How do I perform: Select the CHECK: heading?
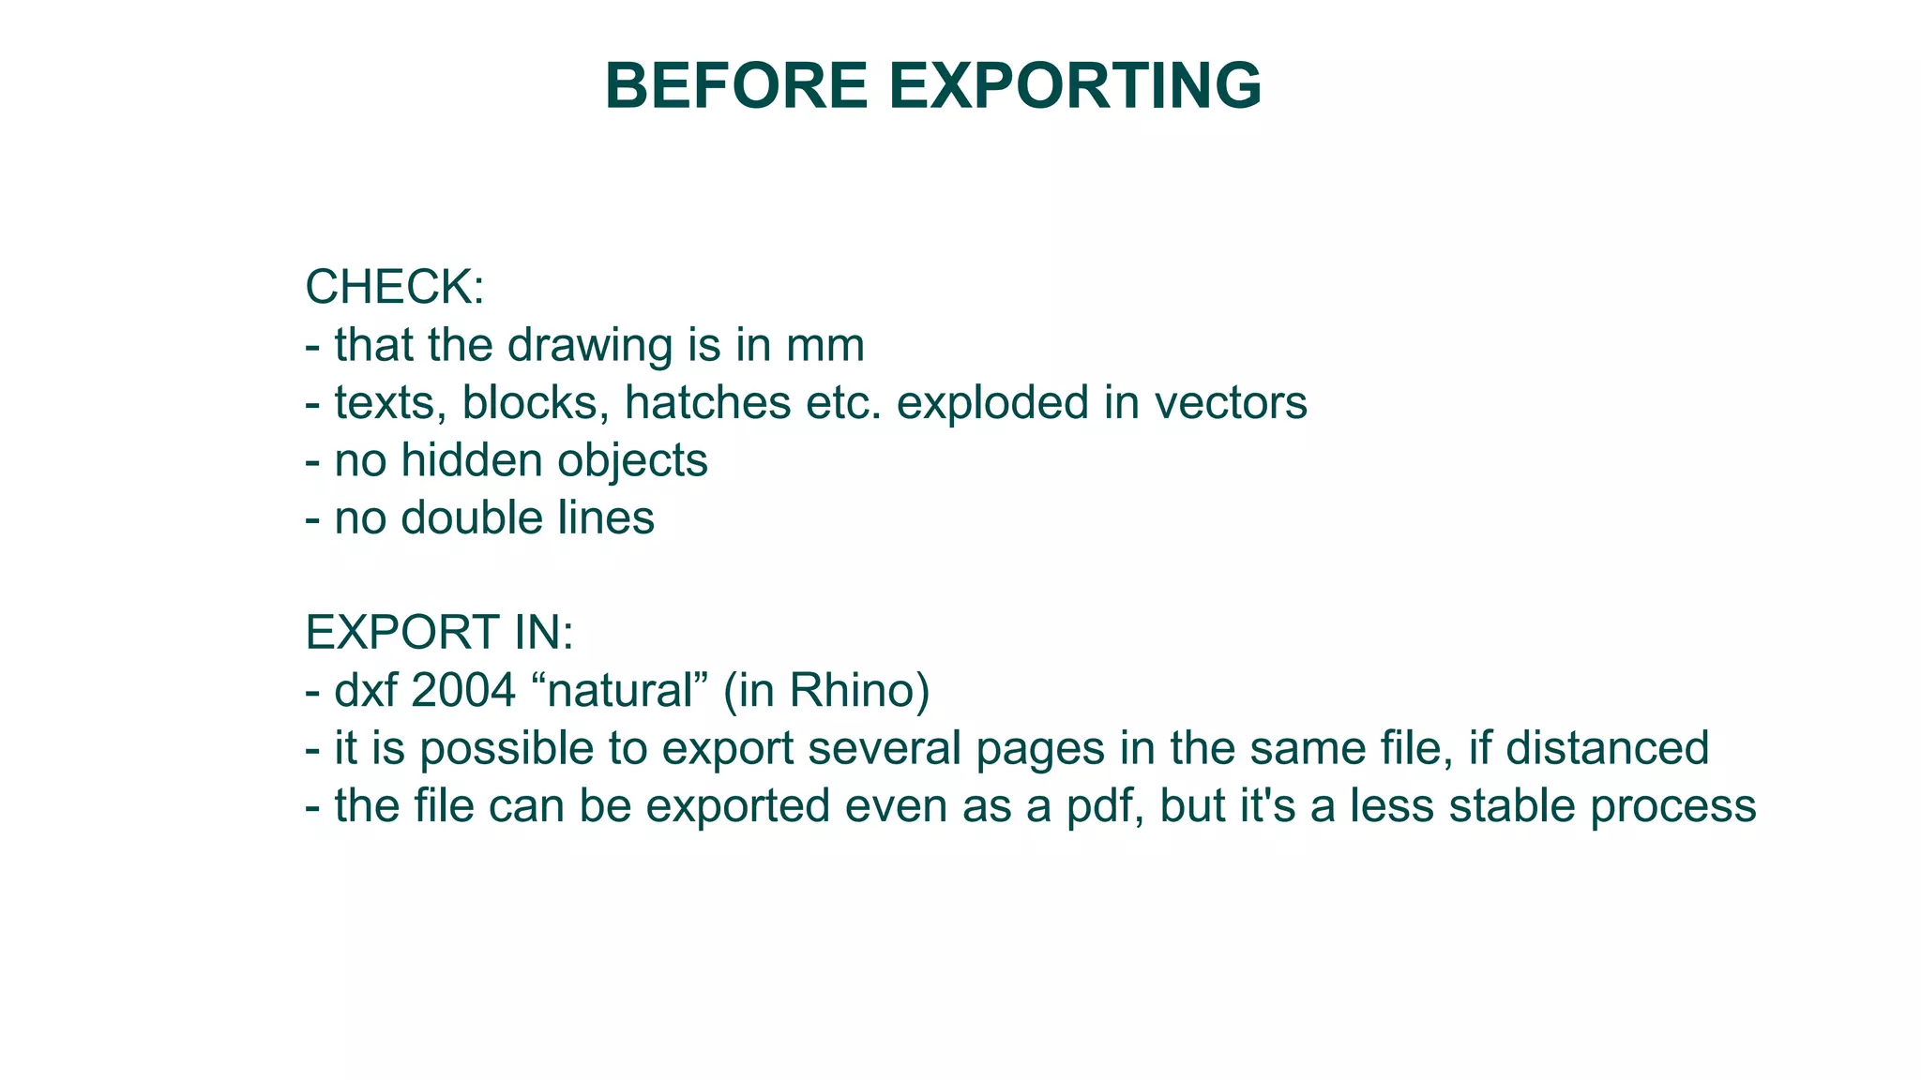point(395,287)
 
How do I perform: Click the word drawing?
point(590,346)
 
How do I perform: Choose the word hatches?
point(708,403)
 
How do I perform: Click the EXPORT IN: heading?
point(439,633)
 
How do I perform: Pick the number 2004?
point(463,691)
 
